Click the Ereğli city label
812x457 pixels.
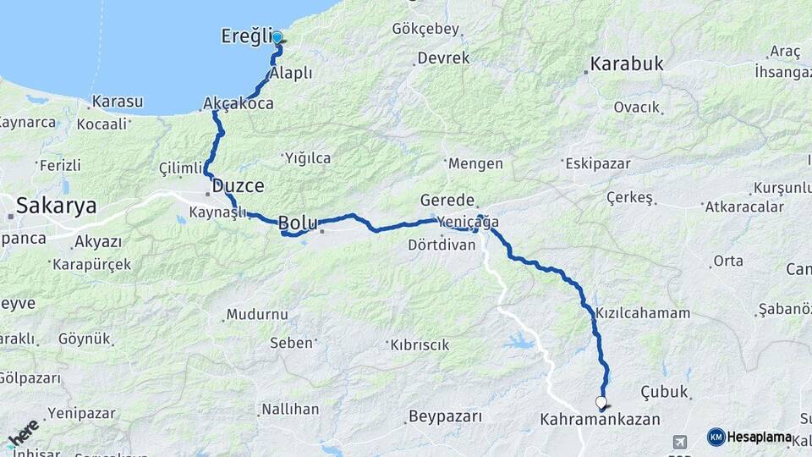pyautogui.click(x=245, y=37)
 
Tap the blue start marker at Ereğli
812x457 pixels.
pyautogui.click(x=277, y=37)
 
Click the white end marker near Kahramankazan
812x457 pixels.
pyautogui.click(x=601, y=402)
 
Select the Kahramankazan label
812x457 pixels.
pyautogui.click(x=599, y=419)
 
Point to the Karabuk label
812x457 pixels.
pyautogui.click(x=627, y=63)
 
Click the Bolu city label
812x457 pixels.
pyautogui.click(x=298, y=223)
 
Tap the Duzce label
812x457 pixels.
pyautogui.click(x=238, y=185)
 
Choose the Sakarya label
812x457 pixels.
pyautogui.click(x=56, y=205)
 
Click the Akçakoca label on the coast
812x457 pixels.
pyautogui.click(x=238, y=103)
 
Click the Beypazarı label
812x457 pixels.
pyautogui.click(x=444, y=416)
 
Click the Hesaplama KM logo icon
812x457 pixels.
pyautogui.click(x=716, y=437)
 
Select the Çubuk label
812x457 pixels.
pyautogui.click(x=665, y=393)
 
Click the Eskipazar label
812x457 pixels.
pyautogui.click(x=598, y=163)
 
